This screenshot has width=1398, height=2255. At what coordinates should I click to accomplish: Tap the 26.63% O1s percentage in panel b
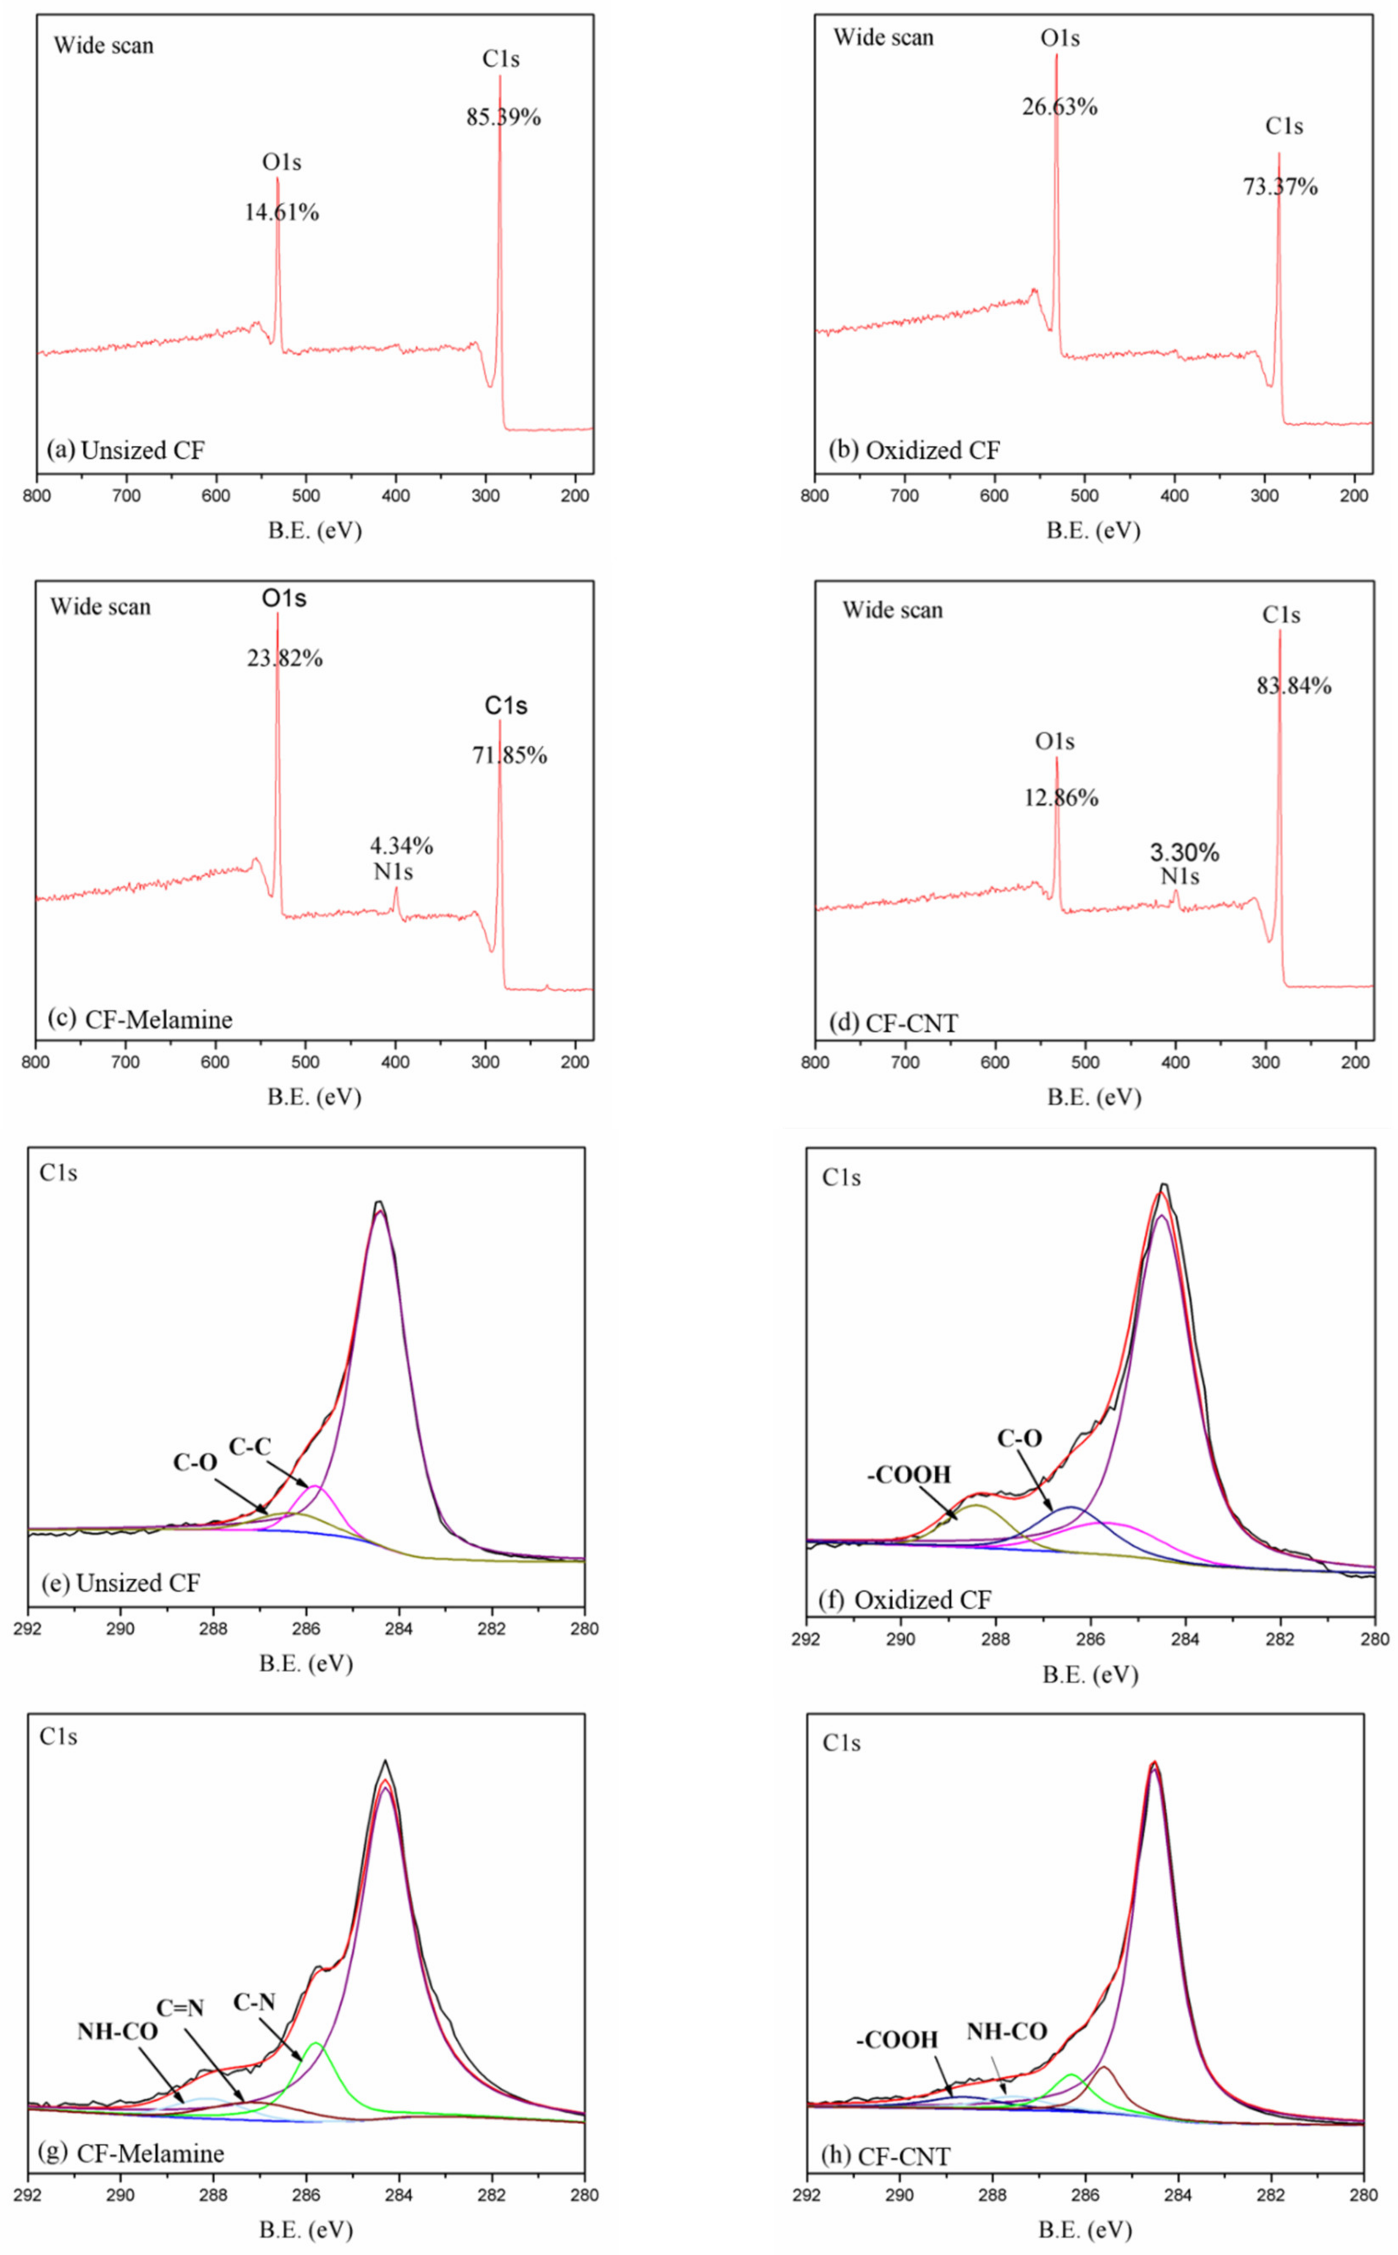tap(1060, 106)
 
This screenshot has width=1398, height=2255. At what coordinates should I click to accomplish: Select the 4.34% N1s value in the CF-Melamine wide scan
tap(401, 845)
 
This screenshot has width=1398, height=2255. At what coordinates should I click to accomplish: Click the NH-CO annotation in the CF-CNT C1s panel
tap(1007, 2031)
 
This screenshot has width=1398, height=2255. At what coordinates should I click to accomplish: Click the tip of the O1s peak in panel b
tap(1056, 55)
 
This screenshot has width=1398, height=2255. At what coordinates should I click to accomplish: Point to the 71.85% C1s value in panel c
tap(509, 755)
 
